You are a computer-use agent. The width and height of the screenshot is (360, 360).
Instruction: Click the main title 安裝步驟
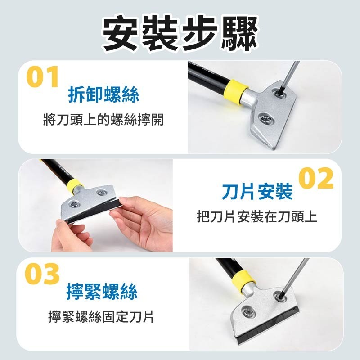tap(180, 34)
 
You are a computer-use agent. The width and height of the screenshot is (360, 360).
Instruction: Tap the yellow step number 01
tap(43, 77)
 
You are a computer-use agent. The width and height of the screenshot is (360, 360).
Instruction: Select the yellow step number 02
tap(316, 179)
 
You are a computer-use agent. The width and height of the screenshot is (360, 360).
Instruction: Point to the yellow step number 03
tap(43, 274)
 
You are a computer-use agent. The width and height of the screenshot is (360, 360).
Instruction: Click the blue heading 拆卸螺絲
tap(103, 94)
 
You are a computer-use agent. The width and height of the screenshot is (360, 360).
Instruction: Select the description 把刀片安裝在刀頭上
tap(257, 216)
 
